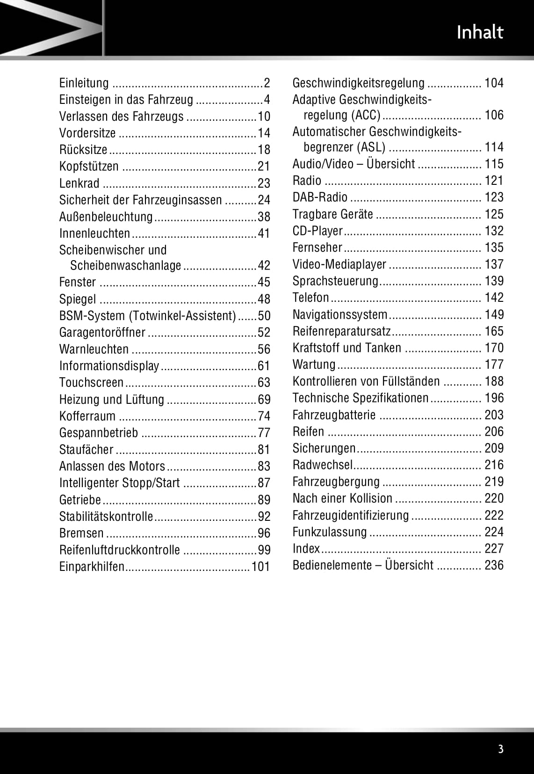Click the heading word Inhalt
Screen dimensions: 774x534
click(480, 32)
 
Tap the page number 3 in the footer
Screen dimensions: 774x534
click(501, 749)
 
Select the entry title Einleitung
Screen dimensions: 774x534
click(84, 83)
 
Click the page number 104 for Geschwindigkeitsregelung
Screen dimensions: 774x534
click(494, 83)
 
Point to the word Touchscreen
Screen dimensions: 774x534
click(91, 383)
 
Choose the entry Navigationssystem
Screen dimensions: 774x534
click(340, 314)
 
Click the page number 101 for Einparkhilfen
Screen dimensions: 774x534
click(261, 567)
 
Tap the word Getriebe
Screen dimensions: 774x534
click(80, 500)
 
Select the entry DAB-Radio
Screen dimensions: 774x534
click(320, 197)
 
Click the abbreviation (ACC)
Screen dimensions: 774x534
click(366, 115)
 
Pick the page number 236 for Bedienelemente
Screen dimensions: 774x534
click(494, 565)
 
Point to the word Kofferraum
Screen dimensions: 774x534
click(87, 416)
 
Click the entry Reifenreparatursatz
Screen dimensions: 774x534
click(341, 331)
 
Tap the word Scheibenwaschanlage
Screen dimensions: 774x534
click(125, 266)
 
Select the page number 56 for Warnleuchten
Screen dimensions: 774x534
click(264, 350)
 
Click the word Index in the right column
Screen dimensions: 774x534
click(306, 548)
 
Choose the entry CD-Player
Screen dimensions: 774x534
click(318, 231)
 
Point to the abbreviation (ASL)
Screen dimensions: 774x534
click(371, 147)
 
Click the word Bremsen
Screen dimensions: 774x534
click(81, 533)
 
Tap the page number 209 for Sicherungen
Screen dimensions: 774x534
click(494, 448)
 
